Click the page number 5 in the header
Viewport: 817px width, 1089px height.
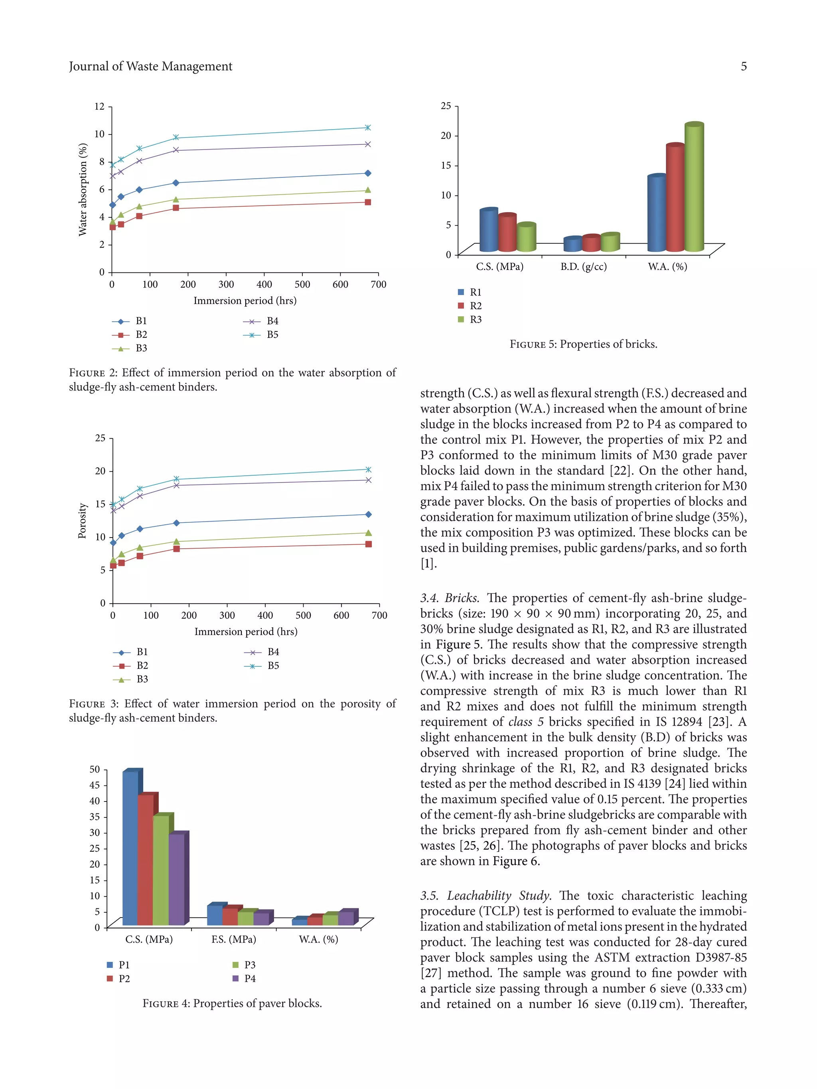pos(743,67)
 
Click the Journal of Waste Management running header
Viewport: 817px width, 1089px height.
pos(150,67)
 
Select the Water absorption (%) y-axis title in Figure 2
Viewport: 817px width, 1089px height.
pos(82,189)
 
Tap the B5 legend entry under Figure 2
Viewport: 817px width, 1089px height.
pos(272,335)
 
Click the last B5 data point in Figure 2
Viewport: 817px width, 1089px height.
pos(367,128)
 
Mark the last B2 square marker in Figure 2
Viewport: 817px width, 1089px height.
pos(367,202)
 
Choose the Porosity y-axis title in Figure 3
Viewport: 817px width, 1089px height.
pos(82,520)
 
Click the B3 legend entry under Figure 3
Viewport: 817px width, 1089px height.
pos(142,679)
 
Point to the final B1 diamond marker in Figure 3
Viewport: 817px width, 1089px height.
pos(368,514)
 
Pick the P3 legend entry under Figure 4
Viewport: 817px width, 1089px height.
pos(250,965)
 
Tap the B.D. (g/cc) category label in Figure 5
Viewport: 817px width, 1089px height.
pos(583,267)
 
